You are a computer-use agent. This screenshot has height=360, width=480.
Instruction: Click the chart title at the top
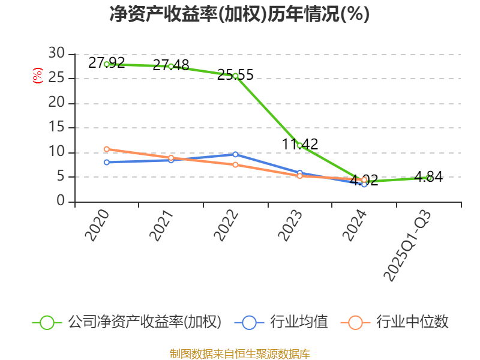tap(239, 14)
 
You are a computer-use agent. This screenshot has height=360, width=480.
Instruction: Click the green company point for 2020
tap(107, 64)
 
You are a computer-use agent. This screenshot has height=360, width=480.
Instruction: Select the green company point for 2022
tap(235, 76)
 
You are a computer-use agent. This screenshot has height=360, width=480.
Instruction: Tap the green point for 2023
tap(299, 145)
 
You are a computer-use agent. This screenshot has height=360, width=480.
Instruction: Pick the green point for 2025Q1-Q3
tap(428, 178)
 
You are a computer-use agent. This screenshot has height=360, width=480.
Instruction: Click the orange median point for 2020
tap(107, 149)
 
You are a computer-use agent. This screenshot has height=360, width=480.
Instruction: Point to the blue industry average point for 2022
tap(235, 154)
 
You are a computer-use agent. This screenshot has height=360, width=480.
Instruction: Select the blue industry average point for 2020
tap(107, 162)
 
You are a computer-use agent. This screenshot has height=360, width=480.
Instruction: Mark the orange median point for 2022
tap(235, 164)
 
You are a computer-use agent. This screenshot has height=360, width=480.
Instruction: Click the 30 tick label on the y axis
tap(56, 53)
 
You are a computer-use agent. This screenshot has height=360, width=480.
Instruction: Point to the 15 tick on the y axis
tap(56, 127)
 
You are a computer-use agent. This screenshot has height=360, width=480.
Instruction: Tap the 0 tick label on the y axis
tap(61, 202)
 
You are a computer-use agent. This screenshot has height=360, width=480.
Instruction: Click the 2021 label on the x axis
tap(161, 226)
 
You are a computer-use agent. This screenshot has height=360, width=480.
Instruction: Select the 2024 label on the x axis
tap(355, 226)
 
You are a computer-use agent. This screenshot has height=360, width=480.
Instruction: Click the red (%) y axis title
tap(37, 76)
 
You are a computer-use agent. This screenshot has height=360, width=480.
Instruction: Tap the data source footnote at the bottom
tap(239, 353)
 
